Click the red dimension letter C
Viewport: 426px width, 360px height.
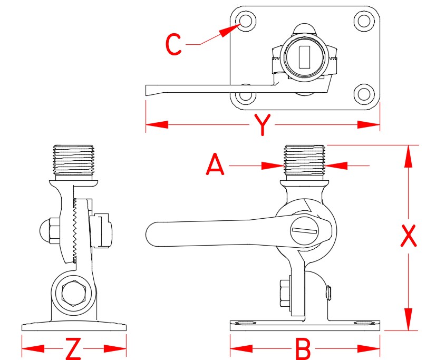[x=173, y=45]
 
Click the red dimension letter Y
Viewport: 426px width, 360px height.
[x=262, y=125]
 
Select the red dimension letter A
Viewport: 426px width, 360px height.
[x=215, y=166]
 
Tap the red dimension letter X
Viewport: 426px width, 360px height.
[x=408, y=237]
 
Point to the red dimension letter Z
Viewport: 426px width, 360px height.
[x=73, y=348]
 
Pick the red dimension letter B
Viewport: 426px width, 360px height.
[x=303, y=348]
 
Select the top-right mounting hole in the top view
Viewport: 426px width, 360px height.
[x=363, y=21]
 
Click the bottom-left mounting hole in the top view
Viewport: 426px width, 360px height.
[x=245, y=96]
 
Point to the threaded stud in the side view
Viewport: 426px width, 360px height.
[x=74, y=160]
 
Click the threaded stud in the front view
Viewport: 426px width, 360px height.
[x=304, y=160]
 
